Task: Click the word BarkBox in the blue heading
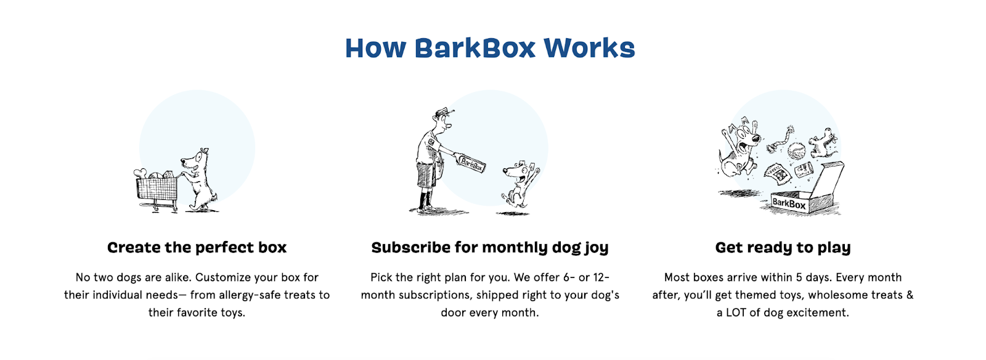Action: (x=475, y=48)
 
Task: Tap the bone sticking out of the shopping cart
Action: (x=142, y=173)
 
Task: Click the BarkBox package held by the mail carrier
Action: (x=471, y=163)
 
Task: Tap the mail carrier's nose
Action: (x=449, y=125)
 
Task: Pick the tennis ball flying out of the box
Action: (x=796, y=150)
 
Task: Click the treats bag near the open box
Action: (x=778, y=174)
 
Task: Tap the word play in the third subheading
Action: (x=834, y=248)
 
